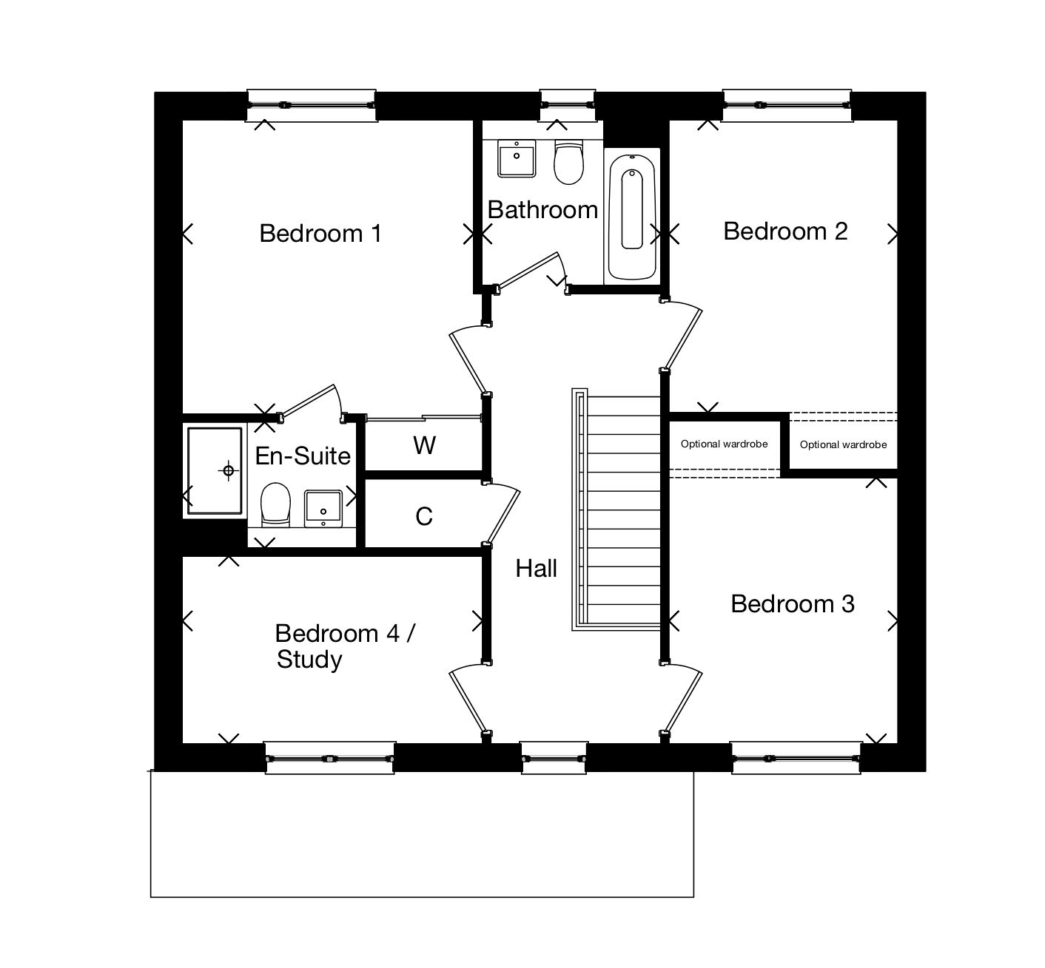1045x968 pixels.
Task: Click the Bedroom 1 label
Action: tap(320, 234)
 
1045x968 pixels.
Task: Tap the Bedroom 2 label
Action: tap(785, 231)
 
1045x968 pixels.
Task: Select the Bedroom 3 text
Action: tap(792, 604)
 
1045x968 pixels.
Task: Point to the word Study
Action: tap(309, 659)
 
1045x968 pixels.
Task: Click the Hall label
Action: tap(537, 569)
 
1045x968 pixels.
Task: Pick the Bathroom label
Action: tap(542, 210)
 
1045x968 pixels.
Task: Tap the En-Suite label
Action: tap(303, 456)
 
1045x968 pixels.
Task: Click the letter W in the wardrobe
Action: tap(424, 445)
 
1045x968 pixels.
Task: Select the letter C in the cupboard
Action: tap(424, 516)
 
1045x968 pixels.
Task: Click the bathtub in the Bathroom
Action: tap(631, 214)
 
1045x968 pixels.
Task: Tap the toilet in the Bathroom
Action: tap(568, 163)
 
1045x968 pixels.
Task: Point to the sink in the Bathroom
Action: tap(516, 158)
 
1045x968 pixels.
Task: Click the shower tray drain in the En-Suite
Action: tap(229, 470)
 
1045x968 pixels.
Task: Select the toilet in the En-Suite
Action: tap(275, 505)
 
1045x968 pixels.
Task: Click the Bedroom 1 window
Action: tap(311, 104)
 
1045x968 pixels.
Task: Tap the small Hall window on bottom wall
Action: tap(554, 758)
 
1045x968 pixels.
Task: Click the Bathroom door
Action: tap(529, 271)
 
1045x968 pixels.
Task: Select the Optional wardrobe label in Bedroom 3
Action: tap(724, 444)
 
